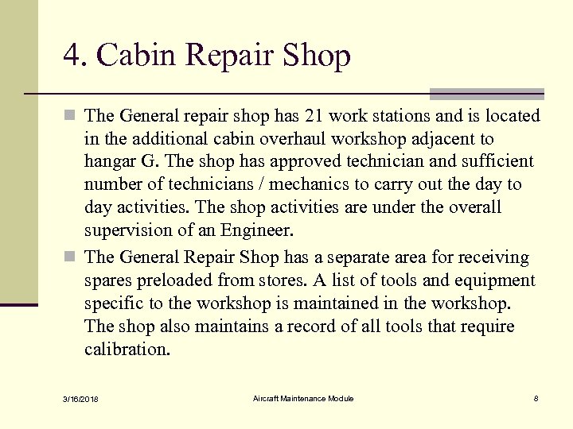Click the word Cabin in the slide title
tap(136, 56)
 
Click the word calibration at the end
tap(127, 349)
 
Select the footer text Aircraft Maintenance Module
tap(303, 398)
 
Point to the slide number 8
tap(536, 398)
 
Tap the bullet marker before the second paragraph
tap(72, 258)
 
